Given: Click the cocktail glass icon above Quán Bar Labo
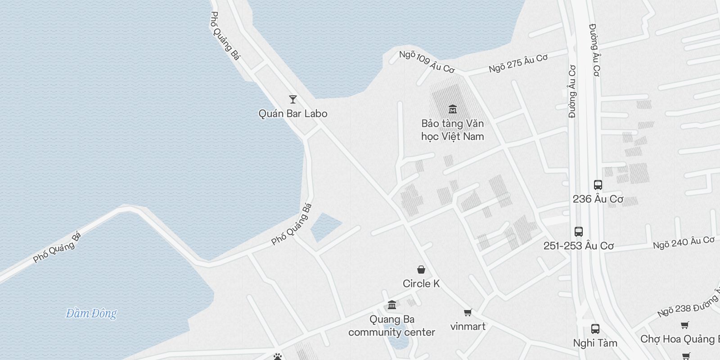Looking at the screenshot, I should (293, 99).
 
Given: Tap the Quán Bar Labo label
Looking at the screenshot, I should (293, 114).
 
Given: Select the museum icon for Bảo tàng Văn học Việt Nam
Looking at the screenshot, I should (453, 109).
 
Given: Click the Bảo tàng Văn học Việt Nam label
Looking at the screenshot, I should (453, 130).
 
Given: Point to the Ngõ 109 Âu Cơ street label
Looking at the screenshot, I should (427, 62).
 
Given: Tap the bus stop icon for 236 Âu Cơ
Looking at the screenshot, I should (598, 185).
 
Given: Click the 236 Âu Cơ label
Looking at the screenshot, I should (598, 199).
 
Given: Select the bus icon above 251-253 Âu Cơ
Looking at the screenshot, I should (579, 232).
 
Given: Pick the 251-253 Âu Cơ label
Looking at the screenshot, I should (579, 246).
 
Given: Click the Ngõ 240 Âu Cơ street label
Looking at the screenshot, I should (684, 243).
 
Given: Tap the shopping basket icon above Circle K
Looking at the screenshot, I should (421, 270).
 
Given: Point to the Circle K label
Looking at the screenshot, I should (421, 283).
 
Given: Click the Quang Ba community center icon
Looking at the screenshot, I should (392, 305).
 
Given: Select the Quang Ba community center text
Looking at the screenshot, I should (392, 326).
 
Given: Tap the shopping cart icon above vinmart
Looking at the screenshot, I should (468, 312).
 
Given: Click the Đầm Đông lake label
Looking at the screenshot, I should (91, 313).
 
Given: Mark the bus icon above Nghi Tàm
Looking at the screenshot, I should (595, 328).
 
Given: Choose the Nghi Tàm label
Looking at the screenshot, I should (595, 343).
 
